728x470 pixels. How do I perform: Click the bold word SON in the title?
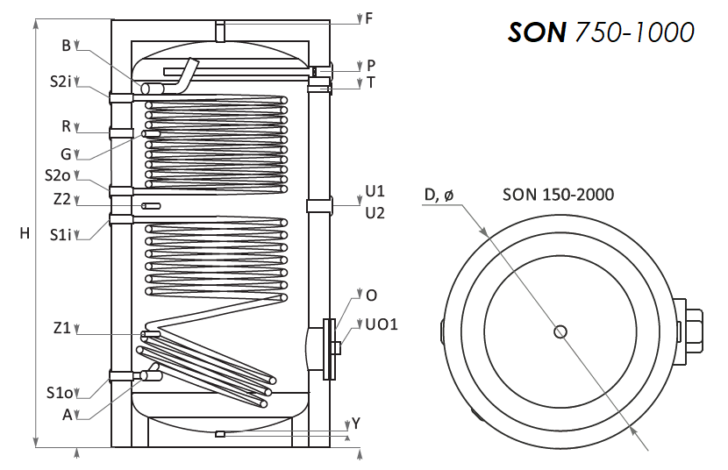pyautogui.click(x=537, y=32)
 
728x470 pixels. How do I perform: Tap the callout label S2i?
pyautogui.click(x=61, y=82)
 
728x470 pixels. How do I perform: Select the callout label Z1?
pyautogui.click(x=61, y=328)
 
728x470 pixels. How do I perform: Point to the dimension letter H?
pyautogui.click(x=25, y=233)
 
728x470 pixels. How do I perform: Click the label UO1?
pyautogui.click(x=382, y=324)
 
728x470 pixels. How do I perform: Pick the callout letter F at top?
pyautogui.click(x=369, y=18)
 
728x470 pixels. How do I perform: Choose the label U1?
pyautogui.click(x=375, y=190)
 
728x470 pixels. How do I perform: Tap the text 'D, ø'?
pyautogui.click(x=439, y=195)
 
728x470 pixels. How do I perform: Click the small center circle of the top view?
pyautogui.click(x=560, y=331)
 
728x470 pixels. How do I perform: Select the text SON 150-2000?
pyautogui.click(x=558, y=195)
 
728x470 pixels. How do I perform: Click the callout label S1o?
pyautogui.click(x=60, y=393)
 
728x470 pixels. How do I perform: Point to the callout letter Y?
pyautogui.click(x=355, y=424)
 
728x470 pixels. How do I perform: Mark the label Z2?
pyautogui.click(x=61, y=199)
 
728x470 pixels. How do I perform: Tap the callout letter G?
pyautogui.click(x=66, y=154)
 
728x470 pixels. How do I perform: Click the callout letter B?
pyautogui.click(x=66, y=46)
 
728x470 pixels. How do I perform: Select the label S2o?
pyautogui.click(x=58, y=174)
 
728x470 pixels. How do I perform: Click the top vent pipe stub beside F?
pyautogui.click(x=220, y=31)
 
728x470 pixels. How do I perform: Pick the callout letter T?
pyautogui.click(x=370, y=82)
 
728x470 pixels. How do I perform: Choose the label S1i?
pyautogui.click(x=61, y=235)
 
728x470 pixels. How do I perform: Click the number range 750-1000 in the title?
pyautogui.click(x=634, y=32)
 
